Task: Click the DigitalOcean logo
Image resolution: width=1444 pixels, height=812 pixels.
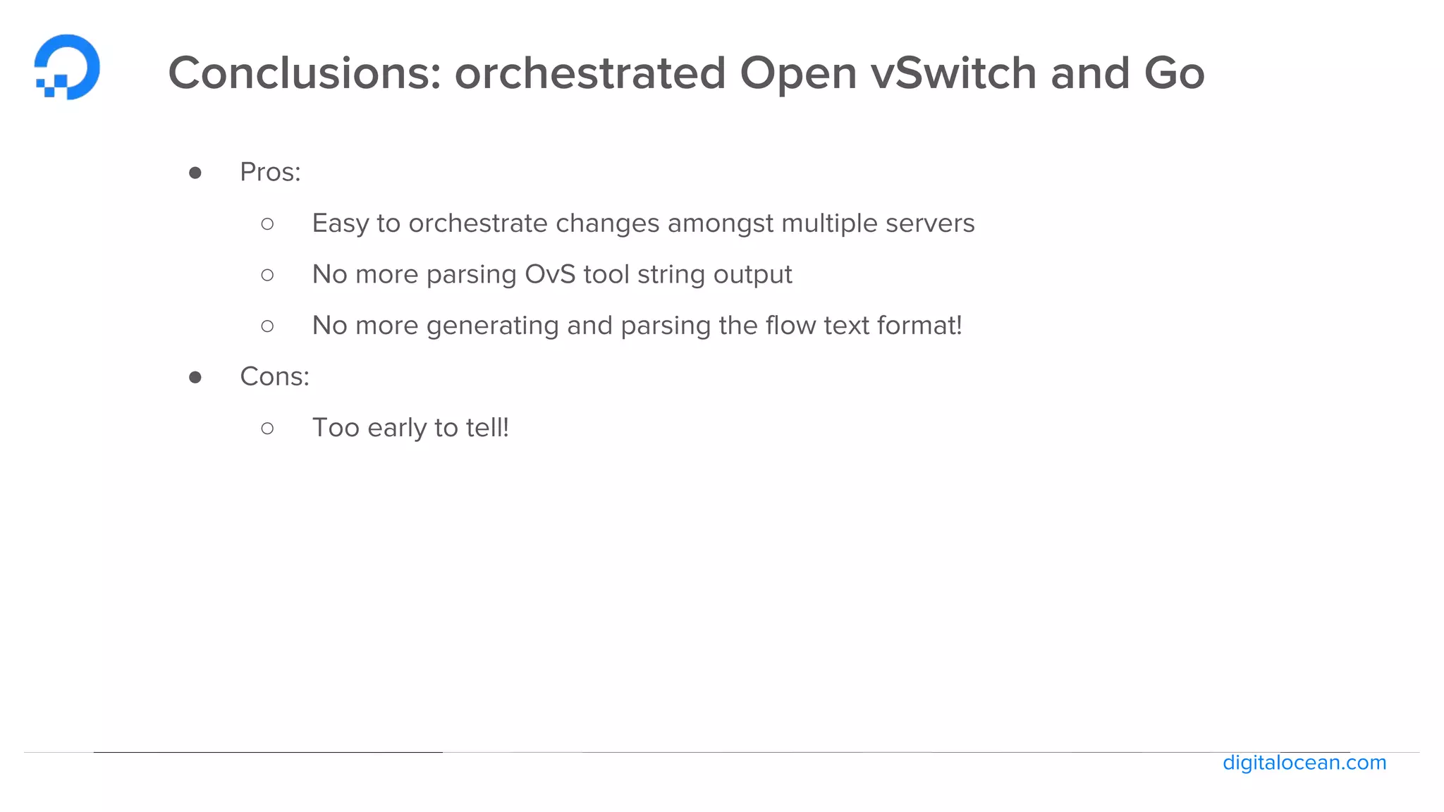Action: click(67, 67)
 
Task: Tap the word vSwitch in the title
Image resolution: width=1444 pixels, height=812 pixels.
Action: click(953, 73)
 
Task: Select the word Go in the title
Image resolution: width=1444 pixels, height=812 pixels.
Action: click(1174, 73)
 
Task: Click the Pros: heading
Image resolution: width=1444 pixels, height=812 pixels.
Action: click(270, 172)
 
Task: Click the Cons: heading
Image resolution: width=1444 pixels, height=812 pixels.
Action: click(274, 376)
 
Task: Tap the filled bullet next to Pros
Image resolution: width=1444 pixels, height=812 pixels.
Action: click(195, 173)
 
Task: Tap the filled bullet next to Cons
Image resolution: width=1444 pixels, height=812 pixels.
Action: click(195, 377)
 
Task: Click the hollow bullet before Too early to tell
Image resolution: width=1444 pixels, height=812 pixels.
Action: click(267, 428)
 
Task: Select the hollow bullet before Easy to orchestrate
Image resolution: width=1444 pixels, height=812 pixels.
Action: click(267, 224)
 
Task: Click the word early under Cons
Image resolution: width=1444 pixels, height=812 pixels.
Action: click(397, 429)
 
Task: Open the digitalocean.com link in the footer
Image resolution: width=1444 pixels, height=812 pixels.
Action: click(1304, 763)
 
